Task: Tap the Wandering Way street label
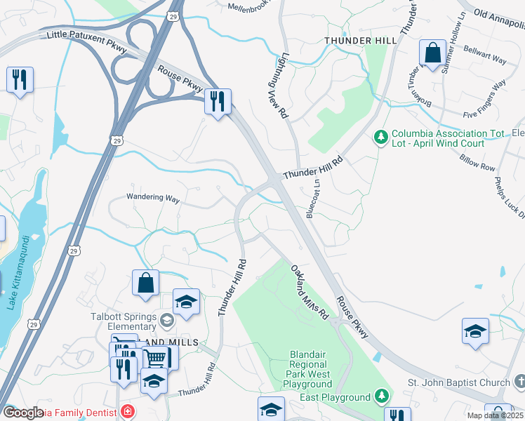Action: (153, 198)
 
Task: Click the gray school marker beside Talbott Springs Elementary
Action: (166, 321)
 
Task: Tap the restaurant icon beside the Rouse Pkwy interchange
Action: (218, 102)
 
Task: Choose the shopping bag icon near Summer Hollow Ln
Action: (433, 53)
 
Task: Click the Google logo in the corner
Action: (23, 413)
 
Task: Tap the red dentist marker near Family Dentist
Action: (127, 410)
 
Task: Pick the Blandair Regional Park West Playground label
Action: (310, 370)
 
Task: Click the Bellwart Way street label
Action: (484, 58)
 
